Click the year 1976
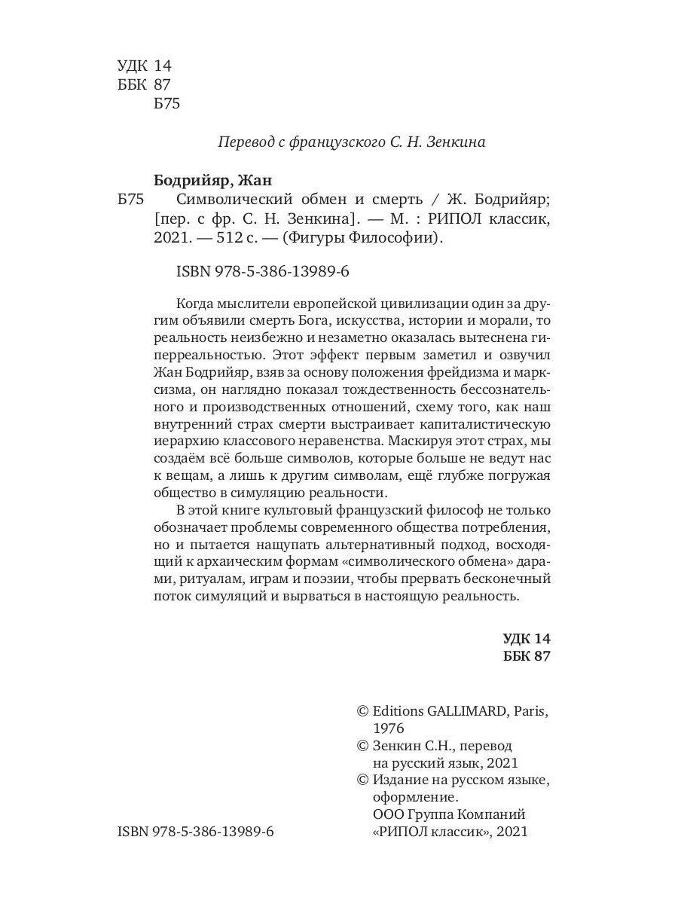point(389,728)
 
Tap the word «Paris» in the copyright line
point(528,710)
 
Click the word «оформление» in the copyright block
point(415,796)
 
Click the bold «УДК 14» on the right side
point(527,638)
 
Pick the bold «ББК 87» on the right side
point(527,656)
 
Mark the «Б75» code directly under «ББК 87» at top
point(166,105)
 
